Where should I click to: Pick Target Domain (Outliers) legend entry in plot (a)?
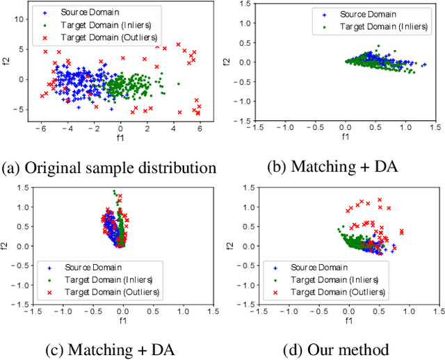pyautogui.click(x=101, y=38)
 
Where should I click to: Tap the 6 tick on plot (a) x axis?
pyautogui.click(x=200, y=129)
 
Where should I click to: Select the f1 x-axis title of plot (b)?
pyautogui.click(x=345, y=137)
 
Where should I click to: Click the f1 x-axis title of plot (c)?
pyautogui.click(x=122, y=322)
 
